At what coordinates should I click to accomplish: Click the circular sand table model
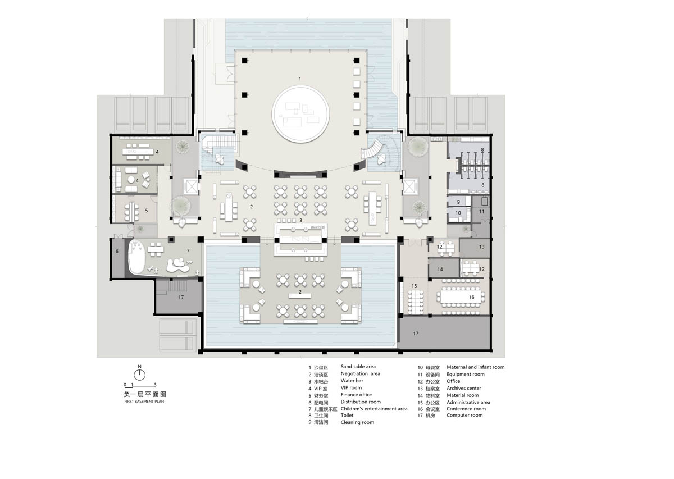click(300, 114)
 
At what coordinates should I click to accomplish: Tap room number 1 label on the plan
click(300, 79)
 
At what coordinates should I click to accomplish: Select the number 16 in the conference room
click(471, 297)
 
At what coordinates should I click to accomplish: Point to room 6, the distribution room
click(117, 258)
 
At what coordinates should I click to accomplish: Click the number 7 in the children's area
click(188, 250)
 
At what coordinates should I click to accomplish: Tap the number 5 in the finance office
click(147, 211)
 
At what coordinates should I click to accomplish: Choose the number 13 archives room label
click(482, 247)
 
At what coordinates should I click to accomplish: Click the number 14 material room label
click(440, 270)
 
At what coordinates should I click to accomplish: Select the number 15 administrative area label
click(415, 286)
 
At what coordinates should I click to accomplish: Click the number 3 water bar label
click(301, 220)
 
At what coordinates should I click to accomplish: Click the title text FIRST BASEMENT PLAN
click(144, 402)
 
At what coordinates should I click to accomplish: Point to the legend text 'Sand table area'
click(358, 367)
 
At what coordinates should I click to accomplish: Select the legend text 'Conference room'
click(466, 409)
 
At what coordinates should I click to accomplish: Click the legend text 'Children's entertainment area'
click(374, 409)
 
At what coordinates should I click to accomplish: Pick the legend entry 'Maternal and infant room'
click(475, 367)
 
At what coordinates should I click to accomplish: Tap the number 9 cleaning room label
click(458, 202)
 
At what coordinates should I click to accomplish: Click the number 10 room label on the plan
click(458, 213)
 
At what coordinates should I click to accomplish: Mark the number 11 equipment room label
click(481, 212)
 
